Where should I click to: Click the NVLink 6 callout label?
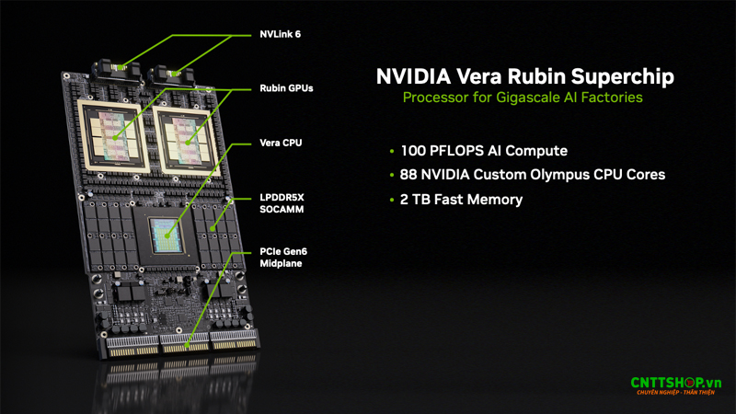click(280, 34)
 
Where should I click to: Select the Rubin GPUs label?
click(287, 88)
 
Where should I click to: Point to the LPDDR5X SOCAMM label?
click(282, 203)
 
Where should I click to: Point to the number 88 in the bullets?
click(411, 174)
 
